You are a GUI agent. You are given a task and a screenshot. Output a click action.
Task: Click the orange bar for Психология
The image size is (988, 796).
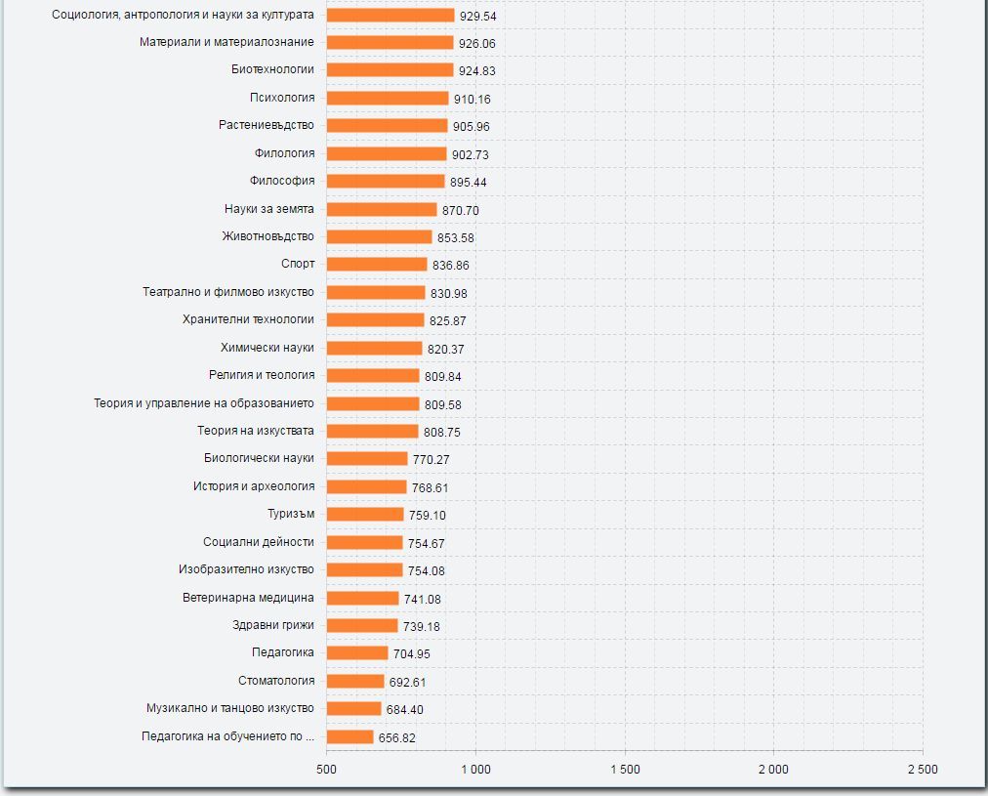(x=388, y=98)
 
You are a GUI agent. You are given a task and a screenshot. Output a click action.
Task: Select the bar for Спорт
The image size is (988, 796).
(x=377, y=264)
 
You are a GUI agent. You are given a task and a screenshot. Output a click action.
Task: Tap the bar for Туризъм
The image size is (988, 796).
(x=365, y=514)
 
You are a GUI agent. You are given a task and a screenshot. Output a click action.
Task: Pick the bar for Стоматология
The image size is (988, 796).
(x=355, y=681)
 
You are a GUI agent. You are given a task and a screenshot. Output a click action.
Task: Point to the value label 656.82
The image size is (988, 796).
(x=396, y=737)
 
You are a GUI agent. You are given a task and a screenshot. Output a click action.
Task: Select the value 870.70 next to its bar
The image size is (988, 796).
(x=461, y=210)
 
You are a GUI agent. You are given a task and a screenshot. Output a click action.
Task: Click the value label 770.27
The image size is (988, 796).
(x=431, y=460)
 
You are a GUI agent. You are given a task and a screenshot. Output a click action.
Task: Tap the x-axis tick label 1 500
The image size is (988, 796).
(x=625, y=770)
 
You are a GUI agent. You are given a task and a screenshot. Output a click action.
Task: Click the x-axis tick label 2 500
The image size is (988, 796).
(x=922, y=770)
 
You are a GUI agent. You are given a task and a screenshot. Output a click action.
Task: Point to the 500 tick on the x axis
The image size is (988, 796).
(x=327, y=770)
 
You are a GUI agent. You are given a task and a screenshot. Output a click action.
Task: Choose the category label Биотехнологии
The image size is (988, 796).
(x=273, y=69)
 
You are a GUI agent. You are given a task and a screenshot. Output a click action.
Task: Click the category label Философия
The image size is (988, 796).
(x=282, y=181)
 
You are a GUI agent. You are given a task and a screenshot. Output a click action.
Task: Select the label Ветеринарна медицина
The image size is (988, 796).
(x=248, y=597)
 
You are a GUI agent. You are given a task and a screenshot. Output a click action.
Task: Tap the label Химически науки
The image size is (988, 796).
(x=268, y=347)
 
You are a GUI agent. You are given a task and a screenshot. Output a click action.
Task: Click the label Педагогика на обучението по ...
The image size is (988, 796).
(x=227, y=736)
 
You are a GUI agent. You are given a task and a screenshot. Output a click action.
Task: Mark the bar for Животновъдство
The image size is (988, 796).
(x=379, y=236)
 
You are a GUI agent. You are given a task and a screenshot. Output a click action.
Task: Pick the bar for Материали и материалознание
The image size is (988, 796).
(x=391, y=42)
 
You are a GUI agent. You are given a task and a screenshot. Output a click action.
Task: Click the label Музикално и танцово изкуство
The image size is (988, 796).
(x=230, y=708)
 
